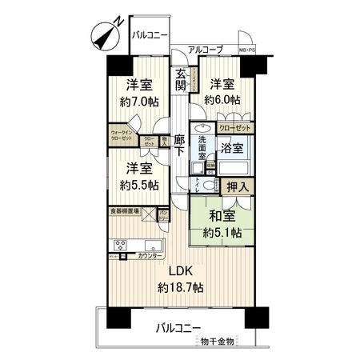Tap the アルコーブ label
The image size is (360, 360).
pos(205,50)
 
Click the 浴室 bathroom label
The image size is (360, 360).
pos(231,149)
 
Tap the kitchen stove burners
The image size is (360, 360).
pos(120,245)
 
